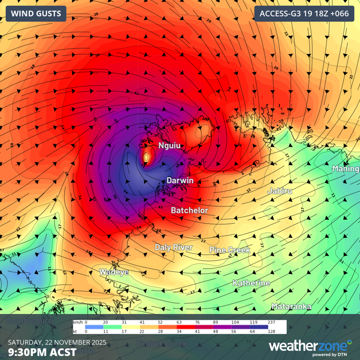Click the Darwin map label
pos(180,180)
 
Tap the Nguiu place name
pos(169,146)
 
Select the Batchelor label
pos(189,210)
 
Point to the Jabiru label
pos(280,191)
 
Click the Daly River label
pos(173,247)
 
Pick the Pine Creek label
pos(230,250)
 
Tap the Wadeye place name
pos(114,272)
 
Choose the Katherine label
pos(252,283)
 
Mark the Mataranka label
pos(292,306)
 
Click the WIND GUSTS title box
pos(36,14)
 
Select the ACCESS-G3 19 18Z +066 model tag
pos(304,14)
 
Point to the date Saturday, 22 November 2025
pos(57,341)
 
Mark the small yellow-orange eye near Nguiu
pos(147,157)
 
